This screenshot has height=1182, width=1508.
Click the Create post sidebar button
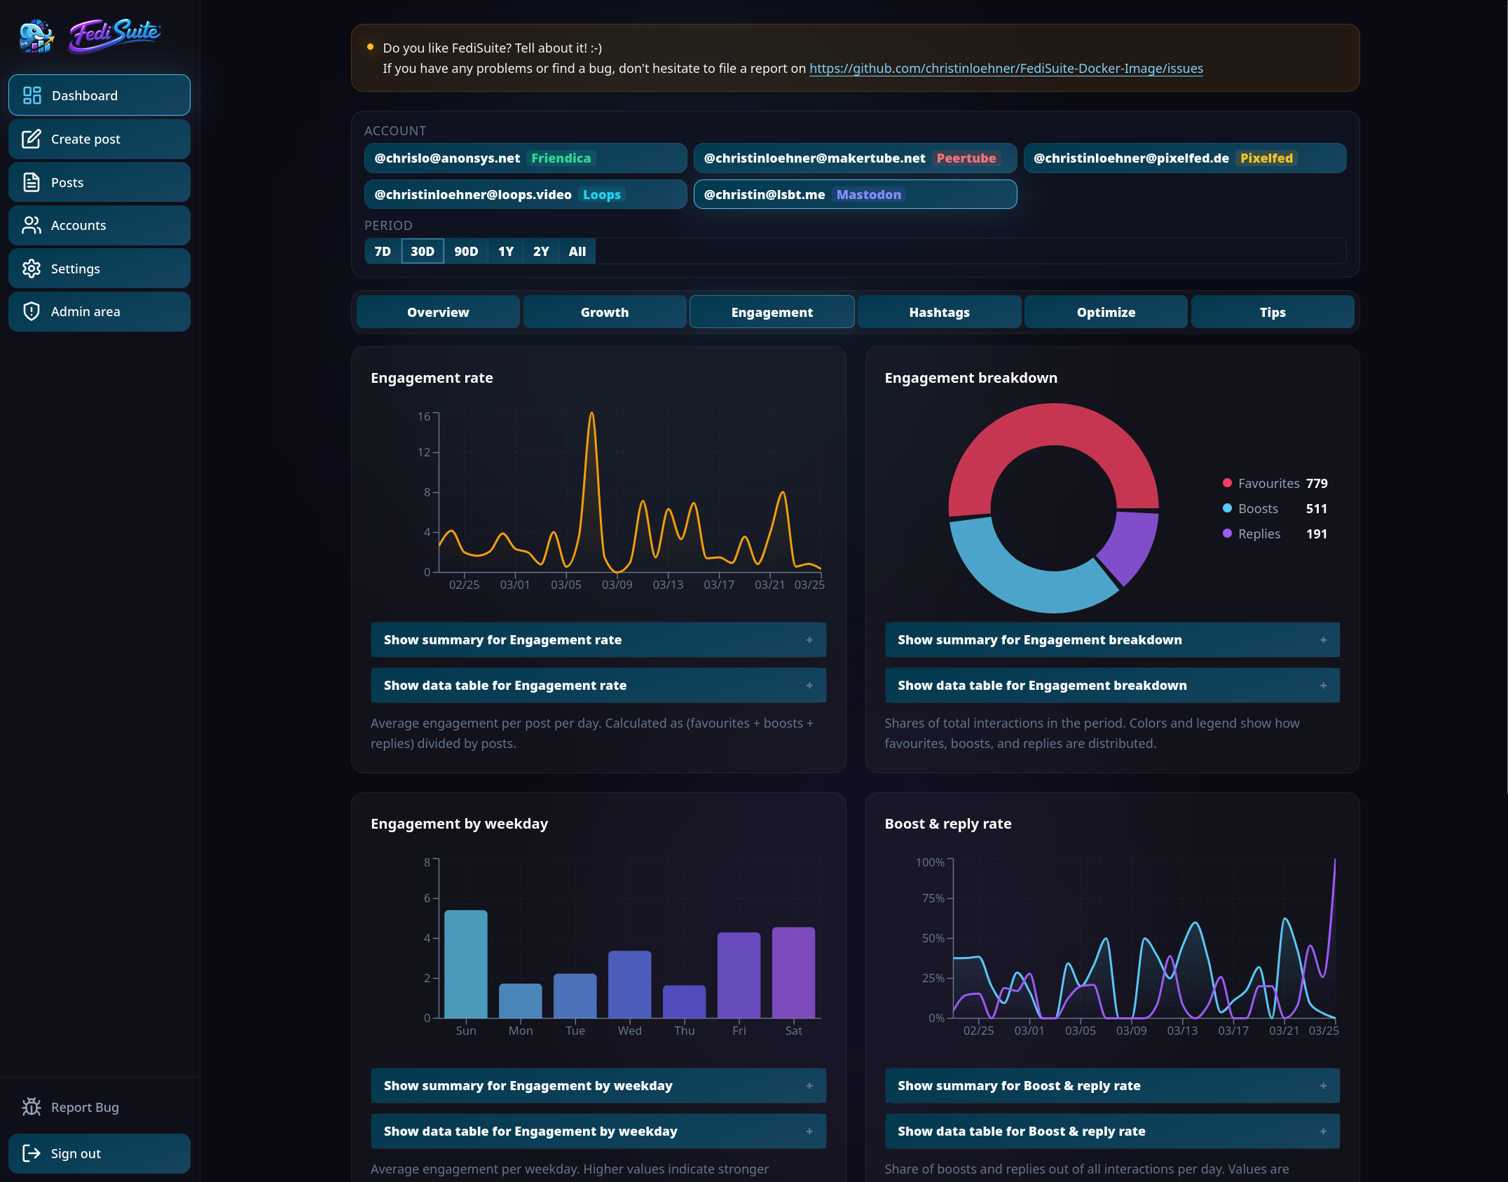[99, 139]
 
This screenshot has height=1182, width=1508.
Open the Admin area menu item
[99, 311]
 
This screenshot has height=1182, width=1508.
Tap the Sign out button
[99, 1153]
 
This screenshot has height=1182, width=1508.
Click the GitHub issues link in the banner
[1006, 68]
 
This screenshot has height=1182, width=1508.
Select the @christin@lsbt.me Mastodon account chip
[854, 194]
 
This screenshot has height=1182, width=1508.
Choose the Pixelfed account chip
[1184, 158]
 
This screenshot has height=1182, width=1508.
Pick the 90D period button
[465, 251]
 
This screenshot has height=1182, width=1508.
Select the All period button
[577, 251]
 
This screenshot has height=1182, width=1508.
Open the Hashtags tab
[938, 312]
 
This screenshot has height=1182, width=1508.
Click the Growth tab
[604, 312]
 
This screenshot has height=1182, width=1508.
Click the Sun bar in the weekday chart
[465, 964]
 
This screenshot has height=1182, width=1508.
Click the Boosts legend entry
[1257, 508]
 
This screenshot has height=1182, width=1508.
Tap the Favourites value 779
[1316, 483]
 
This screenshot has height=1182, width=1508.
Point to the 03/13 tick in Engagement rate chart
[667, 584]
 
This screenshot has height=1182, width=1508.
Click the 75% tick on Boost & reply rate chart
[933, 898]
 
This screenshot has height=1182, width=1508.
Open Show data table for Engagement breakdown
[1111, 685]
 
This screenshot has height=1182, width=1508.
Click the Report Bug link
[84, 1107]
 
